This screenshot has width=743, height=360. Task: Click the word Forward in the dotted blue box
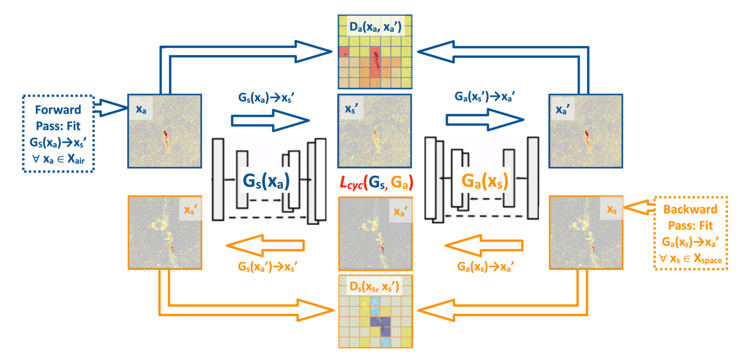point(58,110)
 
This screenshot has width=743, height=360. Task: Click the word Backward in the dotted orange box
point(690,209)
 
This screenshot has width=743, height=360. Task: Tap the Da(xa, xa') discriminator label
point(375,27)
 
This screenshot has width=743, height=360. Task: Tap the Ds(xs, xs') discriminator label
point(374,287)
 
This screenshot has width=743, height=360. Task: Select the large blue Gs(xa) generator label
point(266,181)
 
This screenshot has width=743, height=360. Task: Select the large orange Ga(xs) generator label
point(485,181)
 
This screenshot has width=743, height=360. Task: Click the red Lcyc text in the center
point(351,182)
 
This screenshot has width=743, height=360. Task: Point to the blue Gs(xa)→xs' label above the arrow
point(266,97)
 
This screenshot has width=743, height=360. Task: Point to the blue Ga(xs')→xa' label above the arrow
point(484,97)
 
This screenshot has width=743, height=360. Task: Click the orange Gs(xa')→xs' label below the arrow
point(267,267)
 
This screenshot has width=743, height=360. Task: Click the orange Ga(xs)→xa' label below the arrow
point(485,267)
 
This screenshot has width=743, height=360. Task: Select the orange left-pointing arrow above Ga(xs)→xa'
point(484,246)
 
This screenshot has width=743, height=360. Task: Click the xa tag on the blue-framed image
point(141,110)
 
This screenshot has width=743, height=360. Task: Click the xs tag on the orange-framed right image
point(611,209)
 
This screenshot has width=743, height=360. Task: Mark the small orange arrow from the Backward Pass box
point(638,208)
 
